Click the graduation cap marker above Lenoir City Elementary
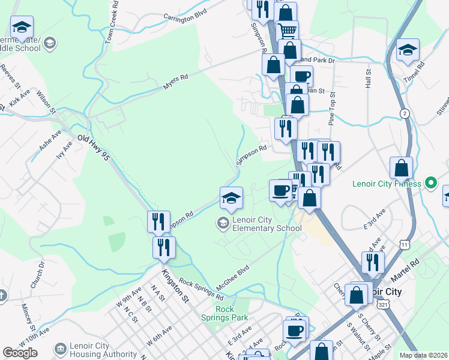[x=231, y=197]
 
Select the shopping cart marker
[x=288, y=29]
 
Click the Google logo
[x=20, y=353]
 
